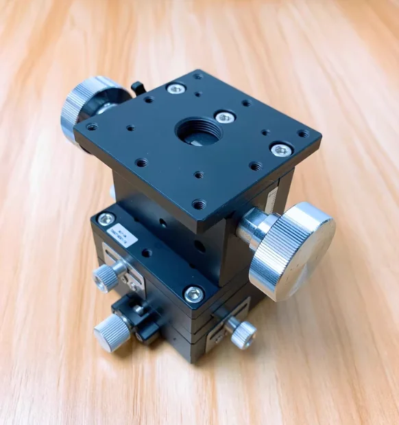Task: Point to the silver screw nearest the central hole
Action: click(x=225, y=117)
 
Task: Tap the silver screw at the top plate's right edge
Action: click(x=281, y=150)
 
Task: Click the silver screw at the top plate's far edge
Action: click(x=176, y=88)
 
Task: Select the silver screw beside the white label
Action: click(x=106, y=219)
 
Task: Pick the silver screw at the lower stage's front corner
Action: click(x=194, y=295)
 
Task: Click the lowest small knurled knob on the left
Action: click(x=112, y=333)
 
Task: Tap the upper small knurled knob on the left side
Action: click(x=106, y=277)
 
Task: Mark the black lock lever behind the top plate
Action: click(x=138, y=89)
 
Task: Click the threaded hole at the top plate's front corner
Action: click(x=199, y=204)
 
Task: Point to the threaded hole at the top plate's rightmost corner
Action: click(x=303, y=133)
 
